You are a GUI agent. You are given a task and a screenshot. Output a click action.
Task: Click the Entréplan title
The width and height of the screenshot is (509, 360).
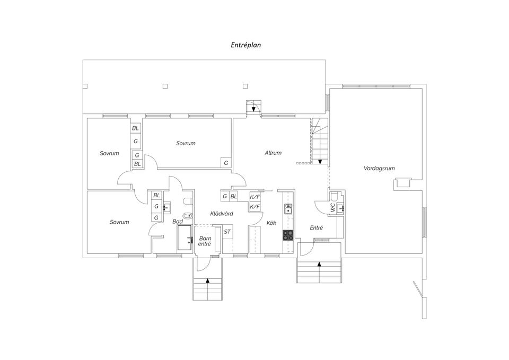[x=245, y=45]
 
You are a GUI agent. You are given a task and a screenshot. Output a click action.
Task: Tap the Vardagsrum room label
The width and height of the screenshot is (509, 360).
[x=379, y=168]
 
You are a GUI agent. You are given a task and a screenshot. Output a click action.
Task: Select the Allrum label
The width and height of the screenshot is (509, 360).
[x=273, y=153]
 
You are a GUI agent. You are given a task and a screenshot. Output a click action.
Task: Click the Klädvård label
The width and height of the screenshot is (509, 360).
[x=222, y=214]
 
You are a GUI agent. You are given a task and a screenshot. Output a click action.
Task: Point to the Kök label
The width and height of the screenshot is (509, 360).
[x=271, y=223]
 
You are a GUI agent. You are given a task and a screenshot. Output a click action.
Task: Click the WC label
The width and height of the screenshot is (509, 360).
[x=333, y=207]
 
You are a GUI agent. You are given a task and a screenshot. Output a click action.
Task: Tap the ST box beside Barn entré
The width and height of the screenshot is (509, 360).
[x=227, y=232]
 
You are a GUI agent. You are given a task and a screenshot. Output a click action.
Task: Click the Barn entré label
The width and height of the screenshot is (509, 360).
[x=205, y=241]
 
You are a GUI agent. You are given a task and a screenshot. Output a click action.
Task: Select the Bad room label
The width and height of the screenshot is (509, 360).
[x=178, y=222]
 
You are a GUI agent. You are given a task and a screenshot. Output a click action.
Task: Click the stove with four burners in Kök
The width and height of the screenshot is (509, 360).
[x=288, y=235]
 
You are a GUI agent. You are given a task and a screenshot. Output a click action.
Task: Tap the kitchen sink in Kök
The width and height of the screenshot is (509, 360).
[x=288, y=209]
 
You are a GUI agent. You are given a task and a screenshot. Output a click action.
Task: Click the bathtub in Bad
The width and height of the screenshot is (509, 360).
[x=186, y=238]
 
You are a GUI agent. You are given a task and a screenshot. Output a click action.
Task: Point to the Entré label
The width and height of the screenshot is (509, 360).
[x=316, y=228]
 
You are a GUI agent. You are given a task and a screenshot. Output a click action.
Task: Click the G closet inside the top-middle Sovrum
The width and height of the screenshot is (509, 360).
[x=226, y=163]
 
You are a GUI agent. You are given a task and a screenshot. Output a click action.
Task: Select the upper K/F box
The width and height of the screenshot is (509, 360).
[x=255, y=196]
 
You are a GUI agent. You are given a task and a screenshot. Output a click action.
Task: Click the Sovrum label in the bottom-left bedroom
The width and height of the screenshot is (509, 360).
[x=119, y=222]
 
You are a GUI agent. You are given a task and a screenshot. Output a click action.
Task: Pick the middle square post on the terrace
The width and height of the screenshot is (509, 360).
[x=165, y=86]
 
